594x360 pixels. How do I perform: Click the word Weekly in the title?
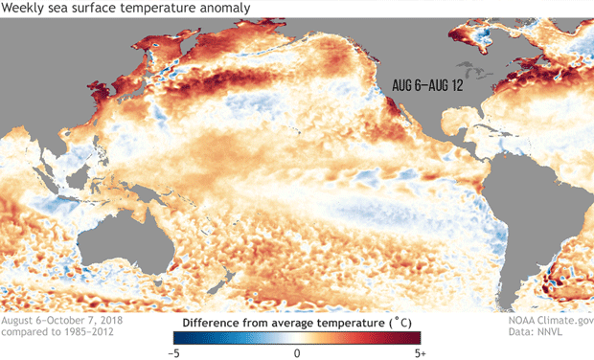point(25,9)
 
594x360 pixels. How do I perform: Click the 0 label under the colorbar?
point(297,351)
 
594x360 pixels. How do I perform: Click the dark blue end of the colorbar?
point(182,337)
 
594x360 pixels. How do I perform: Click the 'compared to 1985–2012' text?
point(53,334)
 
